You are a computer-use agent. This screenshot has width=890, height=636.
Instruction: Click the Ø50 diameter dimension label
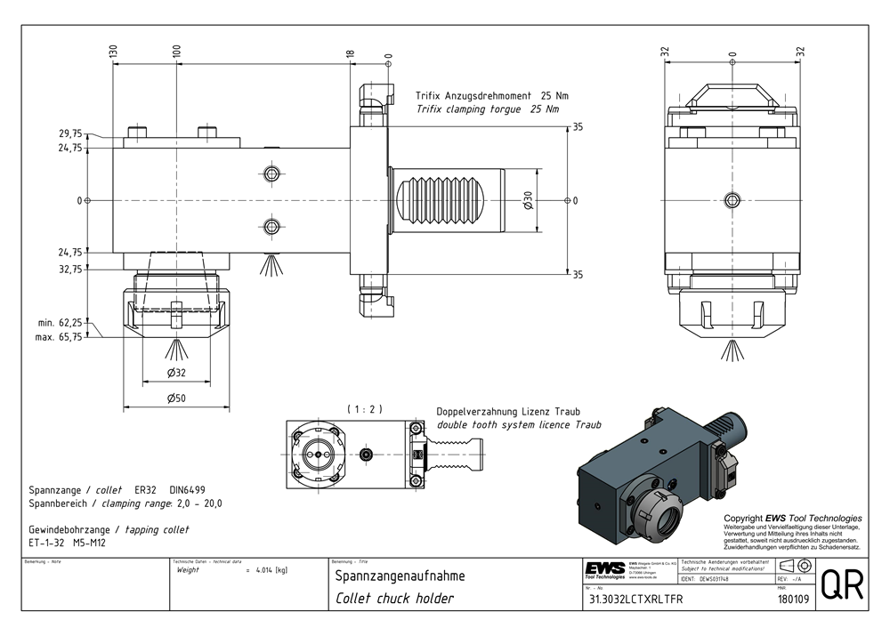click(x=176, y=399)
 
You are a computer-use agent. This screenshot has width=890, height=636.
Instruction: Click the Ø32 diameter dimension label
click(x=176, y=372)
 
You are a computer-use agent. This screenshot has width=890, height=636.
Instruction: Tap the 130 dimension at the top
click(x=113, y=53)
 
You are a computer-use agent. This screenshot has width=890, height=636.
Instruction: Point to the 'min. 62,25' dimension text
click(x=61, y=323)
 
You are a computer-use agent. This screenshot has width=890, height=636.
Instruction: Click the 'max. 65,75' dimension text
click(x=61, y=338)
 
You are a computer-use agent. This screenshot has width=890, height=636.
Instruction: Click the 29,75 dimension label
click(x=70, y=133)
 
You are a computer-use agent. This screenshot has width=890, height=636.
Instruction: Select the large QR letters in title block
click(x=839, y=585)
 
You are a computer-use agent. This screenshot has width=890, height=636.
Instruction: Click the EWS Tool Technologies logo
click(x=604, y=570)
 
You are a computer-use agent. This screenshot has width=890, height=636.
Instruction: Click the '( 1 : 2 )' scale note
click(x=365, y=409)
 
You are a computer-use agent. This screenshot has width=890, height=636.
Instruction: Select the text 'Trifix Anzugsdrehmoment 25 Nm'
click(x=491, y=95)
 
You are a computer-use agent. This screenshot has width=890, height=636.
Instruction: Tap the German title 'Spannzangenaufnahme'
click(x=400, y=576)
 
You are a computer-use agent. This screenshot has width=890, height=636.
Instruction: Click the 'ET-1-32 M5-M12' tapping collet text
click(x=67, y=542)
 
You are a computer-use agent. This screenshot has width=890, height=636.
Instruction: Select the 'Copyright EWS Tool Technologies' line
click(x=792, y=519)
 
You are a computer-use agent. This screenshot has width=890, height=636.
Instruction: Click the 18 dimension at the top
click(x=352, y=54)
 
